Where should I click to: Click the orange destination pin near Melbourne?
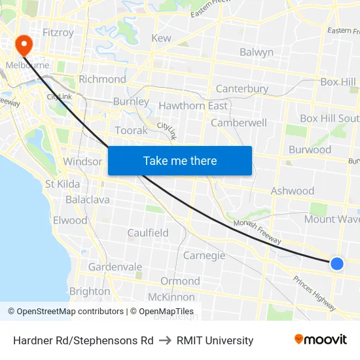pos(24,44)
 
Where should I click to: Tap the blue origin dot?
pos(336,263)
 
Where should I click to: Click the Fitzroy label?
pos(58,32)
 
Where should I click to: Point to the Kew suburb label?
pos(161,38)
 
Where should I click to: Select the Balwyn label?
pos(257,52)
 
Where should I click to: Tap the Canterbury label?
pos(242,88)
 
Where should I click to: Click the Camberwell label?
pos(239,122)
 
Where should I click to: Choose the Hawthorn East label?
pos(193,105)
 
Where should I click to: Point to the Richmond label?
pos(102,79)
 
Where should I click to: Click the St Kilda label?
pos(63,184)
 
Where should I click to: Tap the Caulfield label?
pos(148,232)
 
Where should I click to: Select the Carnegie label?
pos(204,255)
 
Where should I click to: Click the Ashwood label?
pos(293,191)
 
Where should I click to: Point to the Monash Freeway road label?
pos(257,233)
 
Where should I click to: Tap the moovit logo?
pos(321,340)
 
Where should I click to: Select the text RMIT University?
pos(215,340)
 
